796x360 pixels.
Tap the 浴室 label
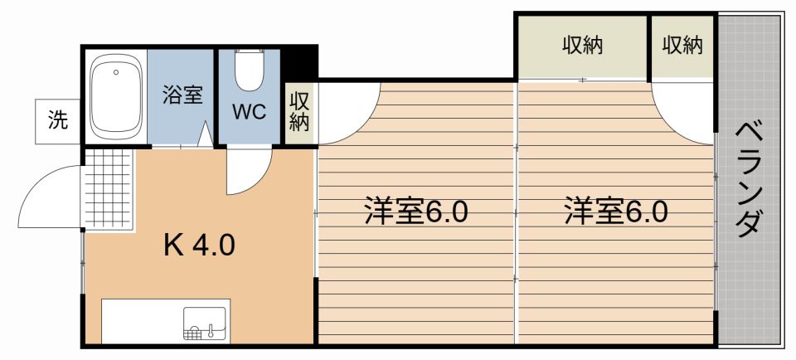tap(182, 94)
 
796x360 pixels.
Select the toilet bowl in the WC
tap(247, 71)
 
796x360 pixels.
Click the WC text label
tap(249, 112)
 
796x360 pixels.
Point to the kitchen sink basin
tap(204, 324)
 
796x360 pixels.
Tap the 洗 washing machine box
tap(57, 120)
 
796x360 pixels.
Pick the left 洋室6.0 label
tap(415, 212)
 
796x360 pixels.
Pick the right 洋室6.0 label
tap(616, 212)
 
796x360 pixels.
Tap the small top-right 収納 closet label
tap(682, 46)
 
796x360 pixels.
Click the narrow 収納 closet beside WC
tap(299, 112)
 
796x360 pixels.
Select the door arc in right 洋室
tap(682, 112)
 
